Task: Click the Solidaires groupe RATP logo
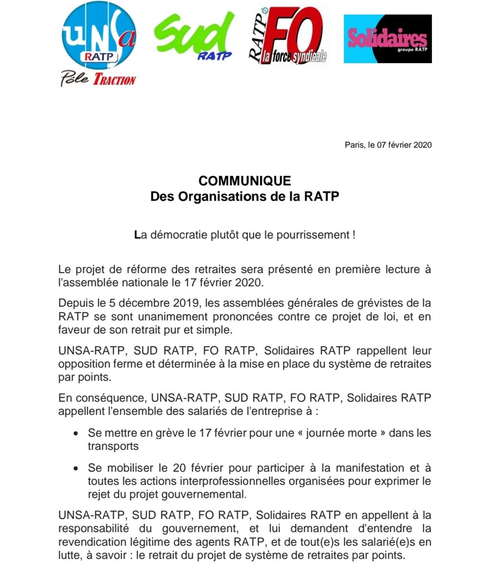[387, 39]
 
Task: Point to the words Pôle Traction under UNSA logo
[98, 79]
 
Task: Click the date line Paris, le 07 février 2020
[388, 145]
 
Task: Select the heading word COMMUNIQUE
[245, 181]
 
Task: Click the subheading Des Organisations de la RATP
[245, 197]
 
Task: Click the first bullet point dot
[76, 434]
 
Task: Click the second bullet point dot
[76, 469]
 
